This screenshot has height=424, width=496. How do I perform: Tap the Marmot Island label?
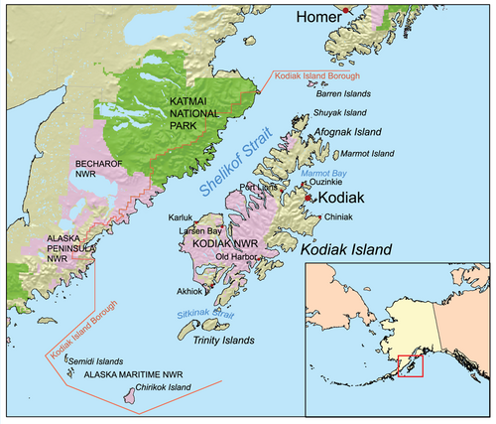click(371, 154)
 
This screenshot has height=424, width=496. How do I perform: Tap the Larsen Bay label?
click(200, 230)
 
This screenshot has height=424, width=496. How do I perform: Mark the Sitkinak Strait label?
click(213, 314)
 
